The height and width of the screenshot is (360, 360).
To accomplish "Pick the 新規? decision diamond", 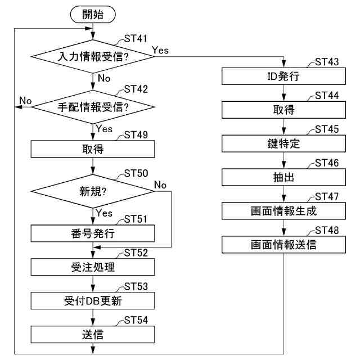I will point(93,192).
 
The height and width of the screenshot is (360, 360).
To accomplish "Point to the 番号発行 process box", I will point(93,233).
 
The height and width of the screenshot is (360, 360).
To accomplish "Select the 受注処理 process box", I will point(93,267).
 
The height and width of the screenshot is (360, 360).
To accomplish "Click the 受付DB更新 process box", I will point(93,300).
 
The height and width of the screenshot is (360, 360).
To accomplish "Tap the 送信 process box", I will point(93,334).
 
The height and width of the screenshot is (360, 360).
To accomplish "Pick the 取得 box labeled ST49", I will point(93,150).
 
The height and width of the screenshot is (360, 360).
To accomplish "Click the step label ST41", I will point(135,39).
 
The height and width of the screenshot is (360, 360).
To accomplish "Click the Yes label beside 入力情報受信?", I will point(160,51).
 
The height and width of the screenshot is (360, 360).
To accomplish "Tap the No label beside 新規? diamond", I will point(160,185).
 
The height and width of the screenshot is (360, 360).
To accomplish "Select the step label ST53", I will point(135,286).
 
